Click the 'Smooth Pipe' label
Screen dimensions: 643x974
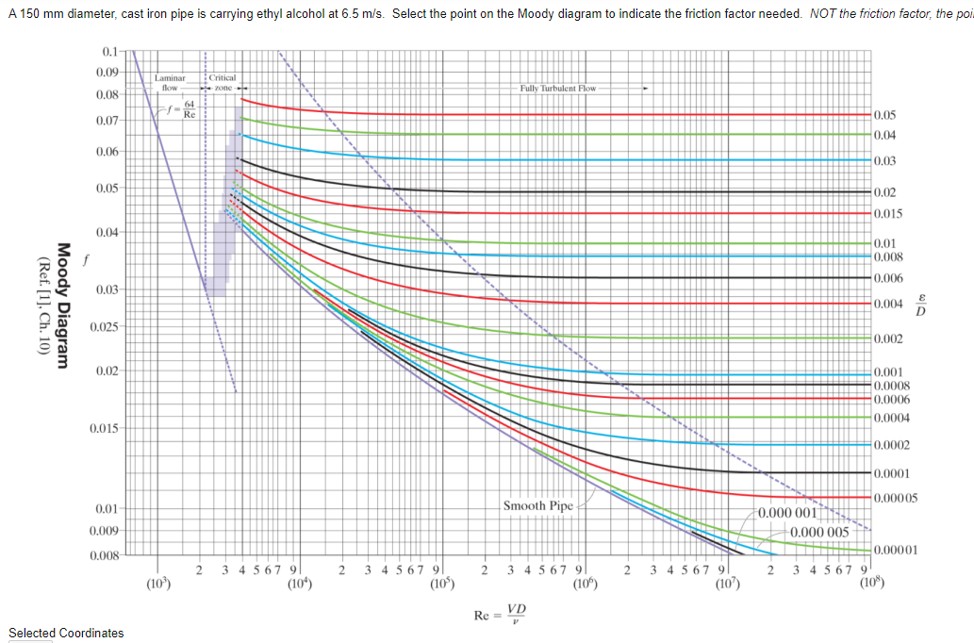click(537, 505)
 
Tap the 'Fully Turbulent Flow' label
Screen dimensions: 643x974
click(558, 88)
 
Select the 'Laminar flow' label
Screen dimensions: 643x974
click(171, 82)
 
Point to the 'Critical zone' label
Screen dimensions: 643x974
click(223, 82)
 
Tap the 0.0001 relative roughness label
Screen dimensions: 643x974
click(891, 472)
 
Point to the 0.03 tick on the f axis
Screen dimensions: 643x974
click(107, 289)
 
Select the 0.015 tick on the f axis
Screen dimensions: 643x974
click(105, 429)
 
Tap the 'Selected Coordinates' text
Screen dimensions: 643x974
click(66, 633)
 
